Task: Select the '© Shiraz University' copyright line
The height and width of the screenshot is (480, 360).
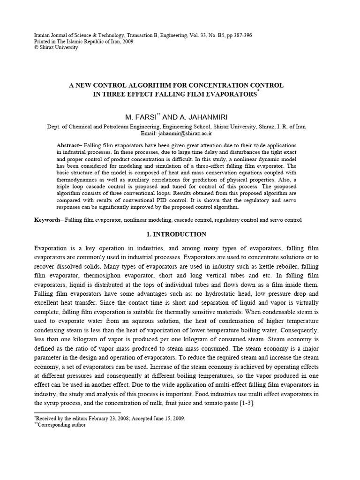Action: (x=56, y=47)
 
